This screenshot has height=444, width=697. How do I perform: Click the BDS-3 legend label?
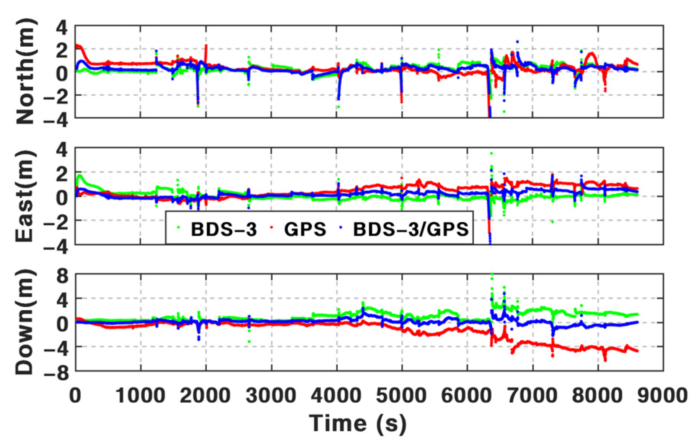pos(224,229)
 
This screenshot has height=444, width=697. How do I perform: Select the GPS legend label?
pos(305,229)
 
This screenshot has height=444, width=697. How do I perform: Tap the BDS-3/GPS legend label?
pos(410,229)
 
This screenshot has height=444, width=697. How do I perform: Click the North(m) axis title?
pos(26,72)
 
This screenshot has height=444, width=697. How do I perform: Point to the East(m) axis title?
pos(26,196)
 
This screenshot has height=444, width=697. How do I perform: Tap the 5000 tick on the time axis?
pos(401,395)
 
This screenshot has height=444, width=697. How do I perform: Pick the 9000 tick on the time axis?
pos(663,395)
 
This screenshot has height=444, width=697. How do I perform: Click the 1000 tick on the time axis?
pos(140,395)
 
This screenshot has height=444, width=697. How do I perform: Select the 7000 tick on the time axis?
pos(532,395)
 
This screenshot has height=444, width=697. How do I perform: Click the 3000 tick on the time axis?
pos(271,395)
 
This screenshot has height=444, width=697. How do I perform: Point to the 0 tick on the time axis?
pos(75,395)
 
